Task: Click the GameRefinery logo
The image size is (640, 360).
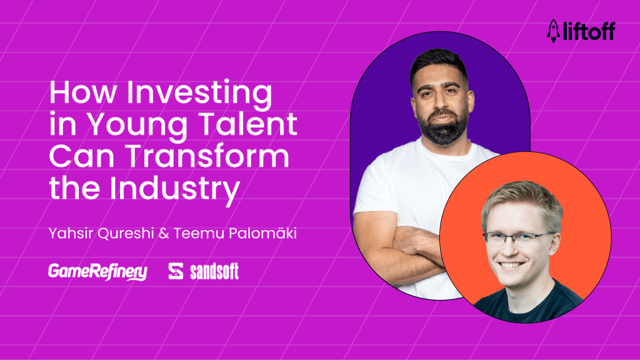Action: [97, 272]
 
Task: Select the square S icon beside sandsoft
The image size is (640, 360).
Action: [176, 272]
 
